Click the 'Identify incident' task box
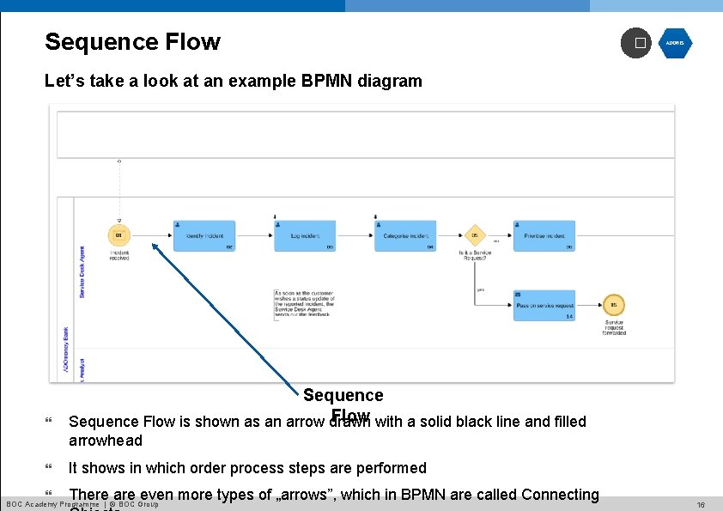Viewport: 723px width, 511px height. pos(204,236)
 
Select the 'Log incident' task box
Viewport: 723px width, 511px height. pos(305,236)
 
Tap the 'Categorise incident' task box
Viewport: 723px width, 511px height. pos(405,236)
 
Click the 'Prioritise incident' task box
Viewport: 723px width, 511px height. pos(544,236)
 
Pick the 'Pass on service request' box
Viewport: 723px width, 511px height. pos(544,306)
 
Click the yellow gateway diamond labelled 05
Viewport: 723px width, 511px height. pos(475,236)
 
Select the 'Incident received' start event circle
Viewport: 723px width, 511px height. pos(119,236)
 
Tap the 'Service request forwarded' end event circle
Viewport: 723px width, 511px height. pos(614,306)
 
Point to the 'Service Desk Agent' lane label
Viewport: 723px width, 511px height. pos(82,272)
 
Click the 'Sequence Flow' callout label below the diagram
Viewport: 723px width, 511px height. pos(343,396)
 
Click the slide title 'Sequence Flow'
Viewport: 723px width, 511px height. pos(132,42)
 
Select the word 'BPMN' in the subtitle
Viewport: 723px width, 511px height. pos(330,82)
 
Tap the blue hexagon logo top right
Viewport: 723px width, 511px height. pos(675,43)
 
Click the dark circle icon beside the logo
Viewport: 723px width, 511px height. pos(636,43)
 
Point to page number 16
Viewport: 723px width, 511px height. pos(701,505)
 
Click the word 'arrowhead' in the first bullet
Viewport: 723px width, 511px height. pos(106,441)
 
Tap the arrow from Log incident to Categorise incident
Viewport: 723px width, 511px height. pos(355,236)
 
